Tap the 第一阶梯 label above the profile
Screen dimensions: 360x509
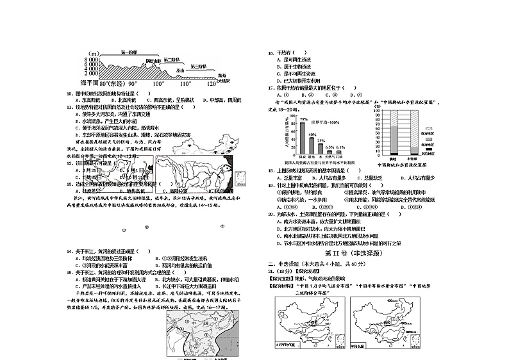pyautogui.click(x=131, y=53)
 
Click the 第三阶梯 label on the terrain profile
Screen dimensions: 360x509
pyautogui.click(x=197, y=67)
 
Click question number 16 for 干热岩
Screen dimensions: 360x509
pyautogui.click(x=271, y=53)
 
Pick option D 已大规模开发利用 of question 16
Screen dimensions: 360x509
pyautogui.click(x=297, y=81)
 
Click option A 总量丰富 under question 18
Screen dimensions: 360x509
pyautogui.click(x=292, y=177)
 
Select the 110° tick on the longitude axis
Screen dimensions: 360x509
pyautogui.click(x=185, y=84)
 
